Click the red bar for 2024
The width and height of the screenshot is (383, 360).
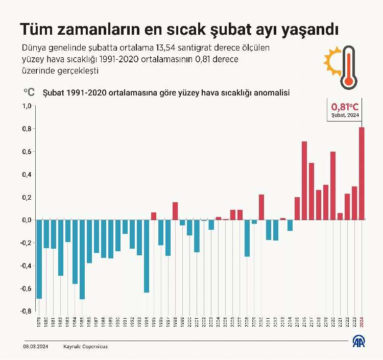(362, 174)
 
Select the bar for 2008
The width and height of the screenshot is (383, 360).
(247, 238)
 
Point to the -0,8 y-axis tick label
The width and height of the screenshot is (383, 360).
(26, 311)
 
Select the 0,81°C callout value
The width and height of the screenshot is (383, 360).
(345, 107)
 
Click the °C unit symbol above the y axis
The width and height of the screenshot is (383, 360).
(29, 92)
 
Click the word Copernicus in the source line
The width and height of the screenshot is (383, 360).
(95, 346)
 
